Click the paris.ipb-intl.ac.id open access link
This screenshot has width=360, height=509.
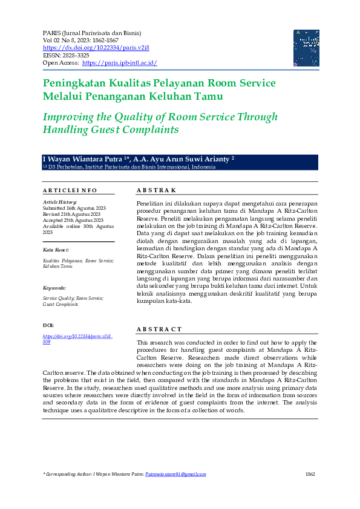point(119,63)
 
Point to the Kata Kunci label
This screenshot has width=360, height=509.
point(56,250)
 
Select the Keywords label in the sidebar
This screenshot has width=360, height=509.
point(54,288)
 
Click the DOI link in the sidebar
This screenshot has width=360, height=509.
point(77,339)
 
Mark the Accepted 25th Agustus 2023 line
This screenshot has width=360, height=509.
point(73,220)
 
